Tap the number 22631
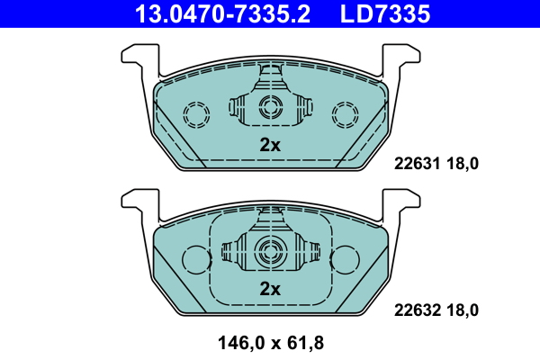click(x=417, y=164)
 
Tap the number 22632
click(x=417, y=310)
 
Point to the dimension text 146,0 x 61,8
click(x=270, y=342)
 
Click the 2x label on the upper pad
click(x=270, y=144)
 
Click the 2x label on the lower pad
click(x=270, y=289)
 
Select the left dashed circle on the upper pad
click(x=195, y=114)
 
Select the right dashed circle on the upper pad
click(x=345, y=114)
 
